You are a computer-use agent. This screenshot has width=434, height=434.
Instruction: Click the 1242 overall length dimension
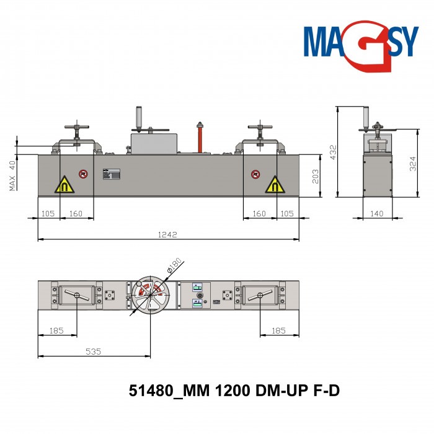point(167,234)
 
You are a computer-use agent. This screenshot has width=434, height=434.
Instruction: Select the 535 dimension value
point(93,352)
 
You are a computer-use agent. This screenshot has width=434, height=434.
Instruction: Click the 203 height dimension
point(315,175)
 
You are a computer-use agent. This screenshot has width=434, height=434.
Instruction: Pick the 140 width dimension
point(378,213)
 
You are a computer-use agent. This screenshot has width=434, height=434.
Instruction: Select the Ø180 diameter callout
point(174,266)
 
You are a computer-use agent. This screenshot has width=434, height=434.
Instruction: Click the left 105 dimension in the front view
point(48,213)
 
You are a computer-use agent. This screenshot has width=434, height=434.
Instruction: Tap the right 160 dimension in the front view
point(259,213)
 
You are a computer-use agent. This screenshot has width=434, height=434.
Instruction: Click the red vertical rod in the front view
point(200,138)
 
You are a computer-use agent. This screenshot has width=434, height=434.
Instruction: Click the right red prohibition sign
point(255,174)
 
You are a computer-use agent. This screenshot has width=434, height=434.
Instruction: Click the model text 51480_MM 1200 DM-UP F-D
point(234,391)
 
